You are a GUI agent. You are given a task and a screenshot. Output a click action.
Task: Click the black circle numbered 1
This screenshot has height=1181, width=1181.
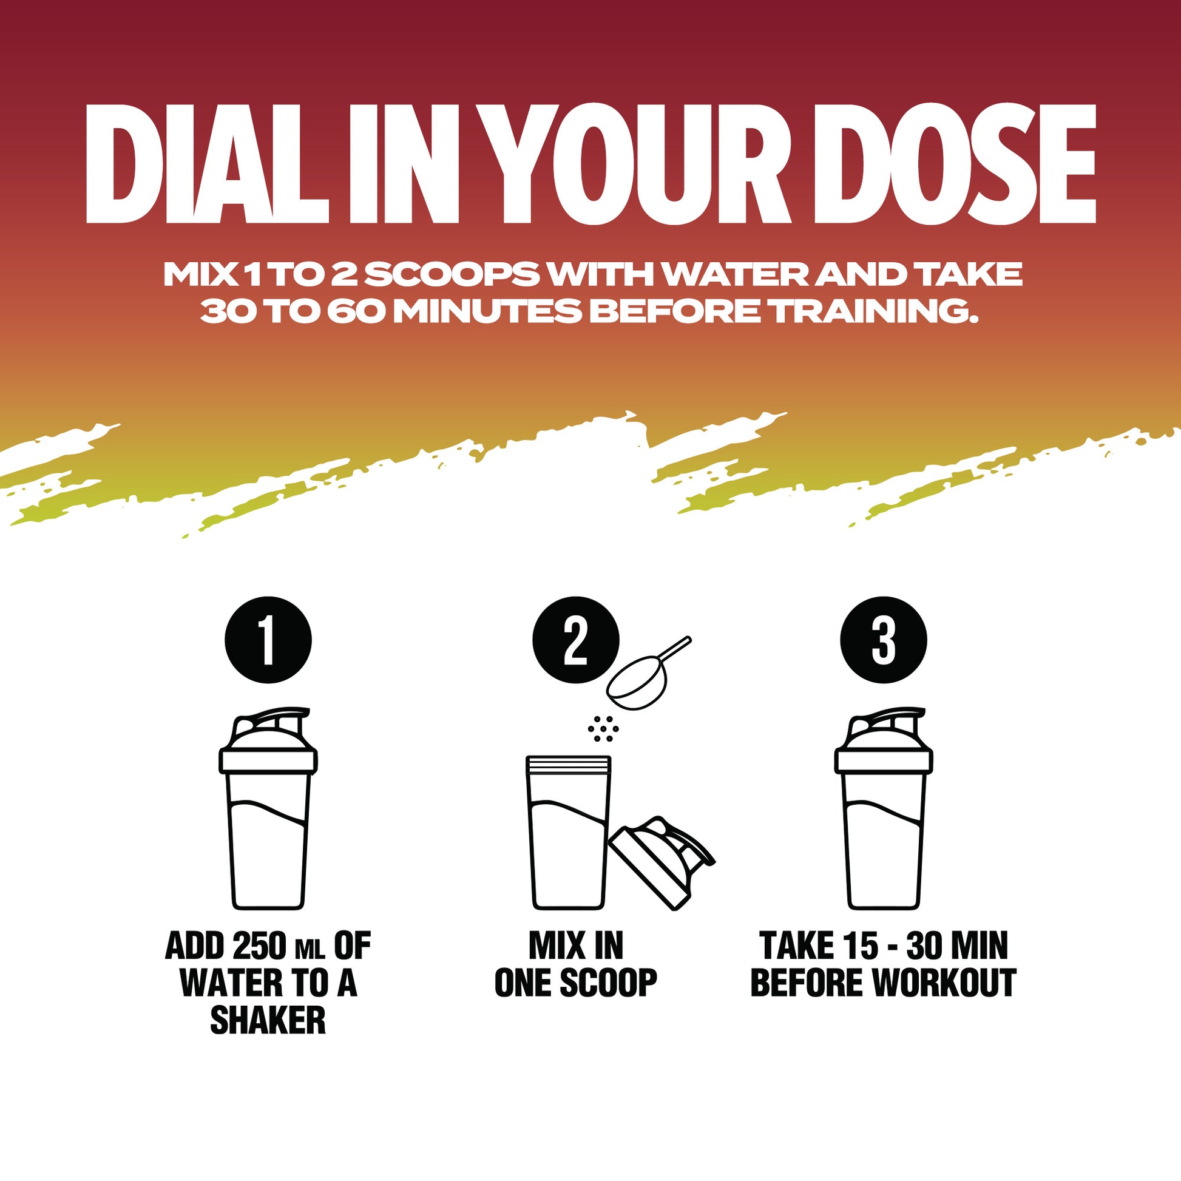pos(268,640)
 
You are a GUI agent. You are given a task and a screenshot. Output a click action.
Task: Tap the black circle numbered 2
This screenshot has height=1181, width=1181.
pos(576,640)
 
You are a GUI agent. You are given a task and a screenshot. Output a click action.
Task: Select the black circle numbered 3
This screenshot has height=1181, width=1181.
pos(883,640)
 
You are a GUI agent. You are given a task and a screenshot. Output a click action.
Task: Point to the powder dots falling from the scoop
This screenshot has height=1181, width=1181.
pos(603,729)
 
